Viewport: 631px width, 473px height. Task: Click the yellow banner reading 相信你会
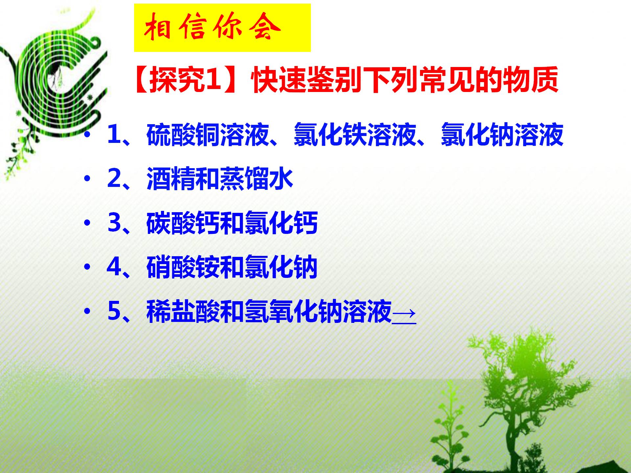[222, 28]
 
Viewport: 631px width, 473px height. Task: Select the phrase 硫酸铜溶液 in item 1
[207, 135]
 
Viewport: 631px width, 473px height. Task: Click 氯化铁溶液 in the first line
[355, 135]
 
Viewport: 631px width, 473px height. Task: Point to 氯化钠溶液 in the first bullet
[502, 135]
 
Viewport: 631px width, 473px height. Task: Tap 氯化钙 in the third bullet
[281, 223]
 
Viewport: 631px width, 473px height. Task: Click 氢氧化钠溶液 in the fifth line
[318, 311]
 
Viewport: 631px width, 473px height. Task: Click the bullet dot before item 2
[87, 179]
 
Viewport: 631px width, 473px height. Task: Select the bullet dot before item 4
[87, 267]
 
